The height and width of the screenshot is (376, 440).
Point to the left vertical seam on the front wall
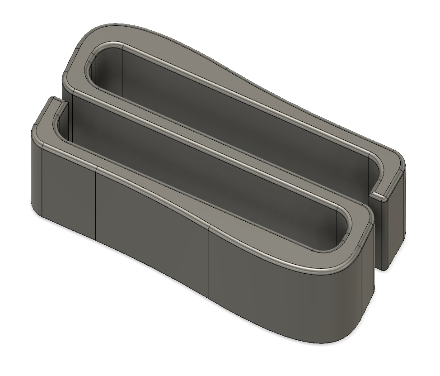click(x=96, y=204)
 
